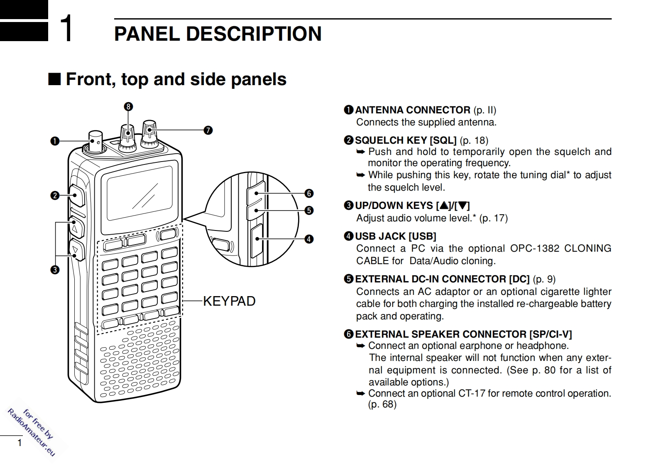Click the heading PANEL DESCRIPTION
pyautogui.click(x=218, y=34)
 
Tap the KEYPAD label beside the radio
pyautogui.click(x=229, y=301)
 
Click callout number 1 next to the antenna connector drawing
pyautogui.click(x=54, y=141)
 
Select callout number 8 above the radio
pyautogui.click(x=128, y=107)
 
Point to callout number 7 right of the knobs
pyautogui.click(x=208, y=130)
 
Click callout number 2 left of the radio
pyautogui.click(x=54, y=195)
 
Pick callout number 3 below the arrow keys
pyautogui.click(x=54, y=270)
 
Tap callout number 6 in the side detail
pyautogui.click(x=308, y=193)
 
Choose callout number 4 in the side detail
pyautogui.click(x=308, y=239)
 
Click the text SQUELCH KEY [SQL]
pyautogui.click(x=405, y=140)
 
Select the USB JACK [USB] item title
pyautogui.click(x=395, y=236)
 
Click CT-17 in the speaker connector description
pyautogui.click(x=471, y=393)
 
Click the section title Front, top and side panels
pyautogui.click(x=176, y=79)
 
